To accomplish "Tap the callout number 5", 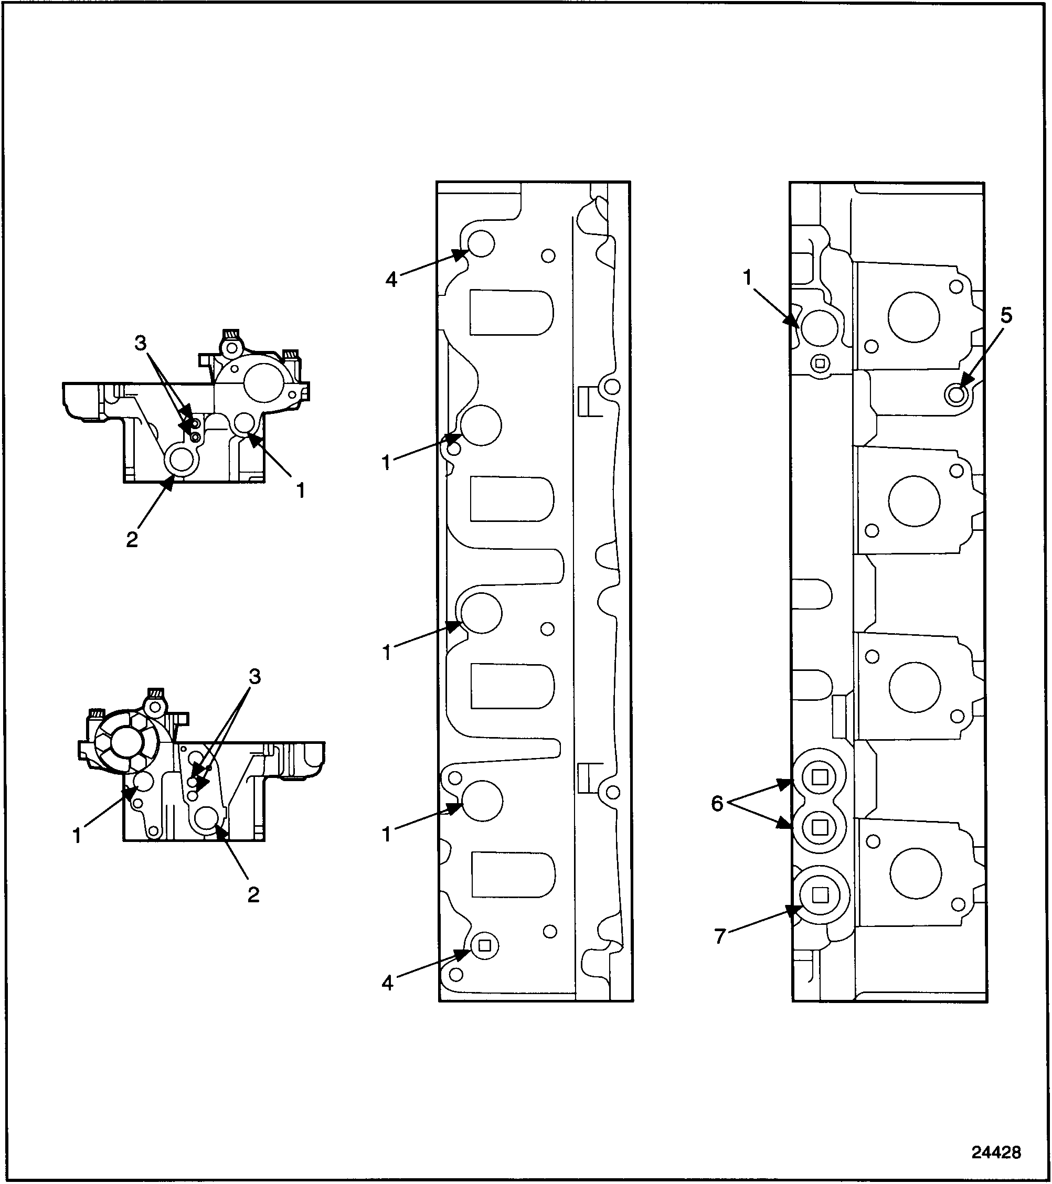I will (x=1006, y=316).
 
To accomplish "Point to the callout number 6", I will (x=717, y=804).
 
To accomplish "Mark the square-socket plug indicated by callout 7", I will (x=819, y=911).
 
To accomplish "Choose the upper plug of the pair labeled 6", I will (x=819, y=777).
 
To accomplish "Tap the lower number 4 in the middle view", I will (x=388, y=983).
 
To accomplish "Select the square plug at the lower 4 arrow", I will (x=485, y=946).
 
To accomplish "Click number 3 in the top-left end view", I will (x=141, y=344).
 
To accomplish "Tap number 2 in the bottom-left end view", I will (x=253, y=895).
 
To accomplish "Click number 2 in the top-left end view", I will (x=132, y=540).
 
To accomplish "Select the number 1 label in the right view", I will (x=747, y=279).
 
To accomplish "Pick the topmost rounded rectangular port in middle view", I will (x=511, y=312).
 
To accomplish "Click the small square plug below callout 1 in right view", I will (x=820, y=364).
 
